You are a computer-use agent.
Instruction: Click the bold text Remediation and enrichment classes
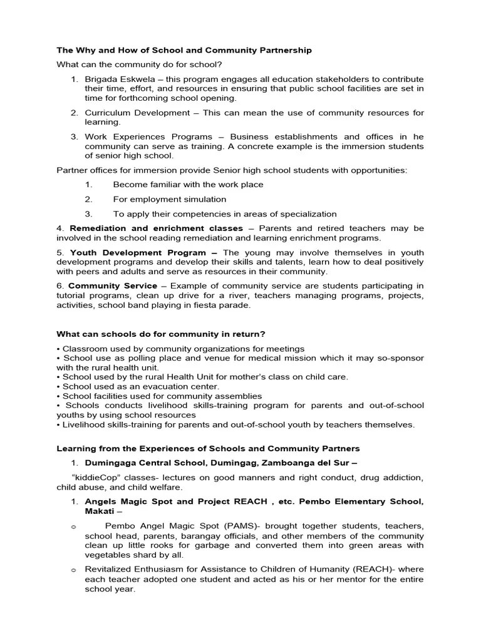coord(156,228)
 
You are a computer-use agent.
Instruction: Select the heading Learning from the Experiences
coord(208,448)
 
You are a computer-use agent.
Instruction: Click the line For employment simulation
coord(170,199)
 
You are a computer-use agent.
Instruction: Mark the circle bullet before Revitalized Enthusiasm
coord(73,570)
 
